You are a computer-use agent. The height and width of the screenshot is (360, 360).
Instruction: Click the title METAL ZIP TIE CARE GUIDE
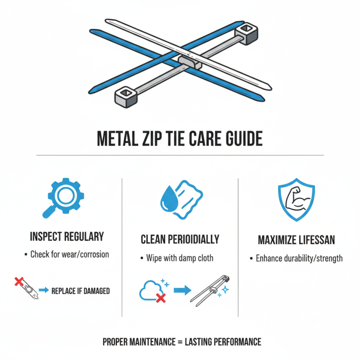click(x=180, y=139)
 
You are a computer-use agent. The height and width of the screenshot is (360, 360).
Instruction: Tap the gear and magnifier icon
click(x=64, y=198)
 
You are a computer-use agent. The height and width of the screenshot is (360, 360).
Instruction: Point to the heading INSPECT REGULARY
click(x=67, y=237)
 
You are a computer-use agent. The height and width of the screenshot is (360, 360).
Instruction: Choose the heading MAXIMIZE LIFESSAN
click(x=296, y=240)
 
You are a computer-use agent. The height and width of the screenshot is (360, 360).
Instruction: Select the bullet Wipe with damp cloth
click(x=180, y=258)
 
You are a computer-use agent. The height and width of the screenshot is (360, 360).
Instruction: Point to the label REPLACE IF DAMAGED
click(x=81, y=291)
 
